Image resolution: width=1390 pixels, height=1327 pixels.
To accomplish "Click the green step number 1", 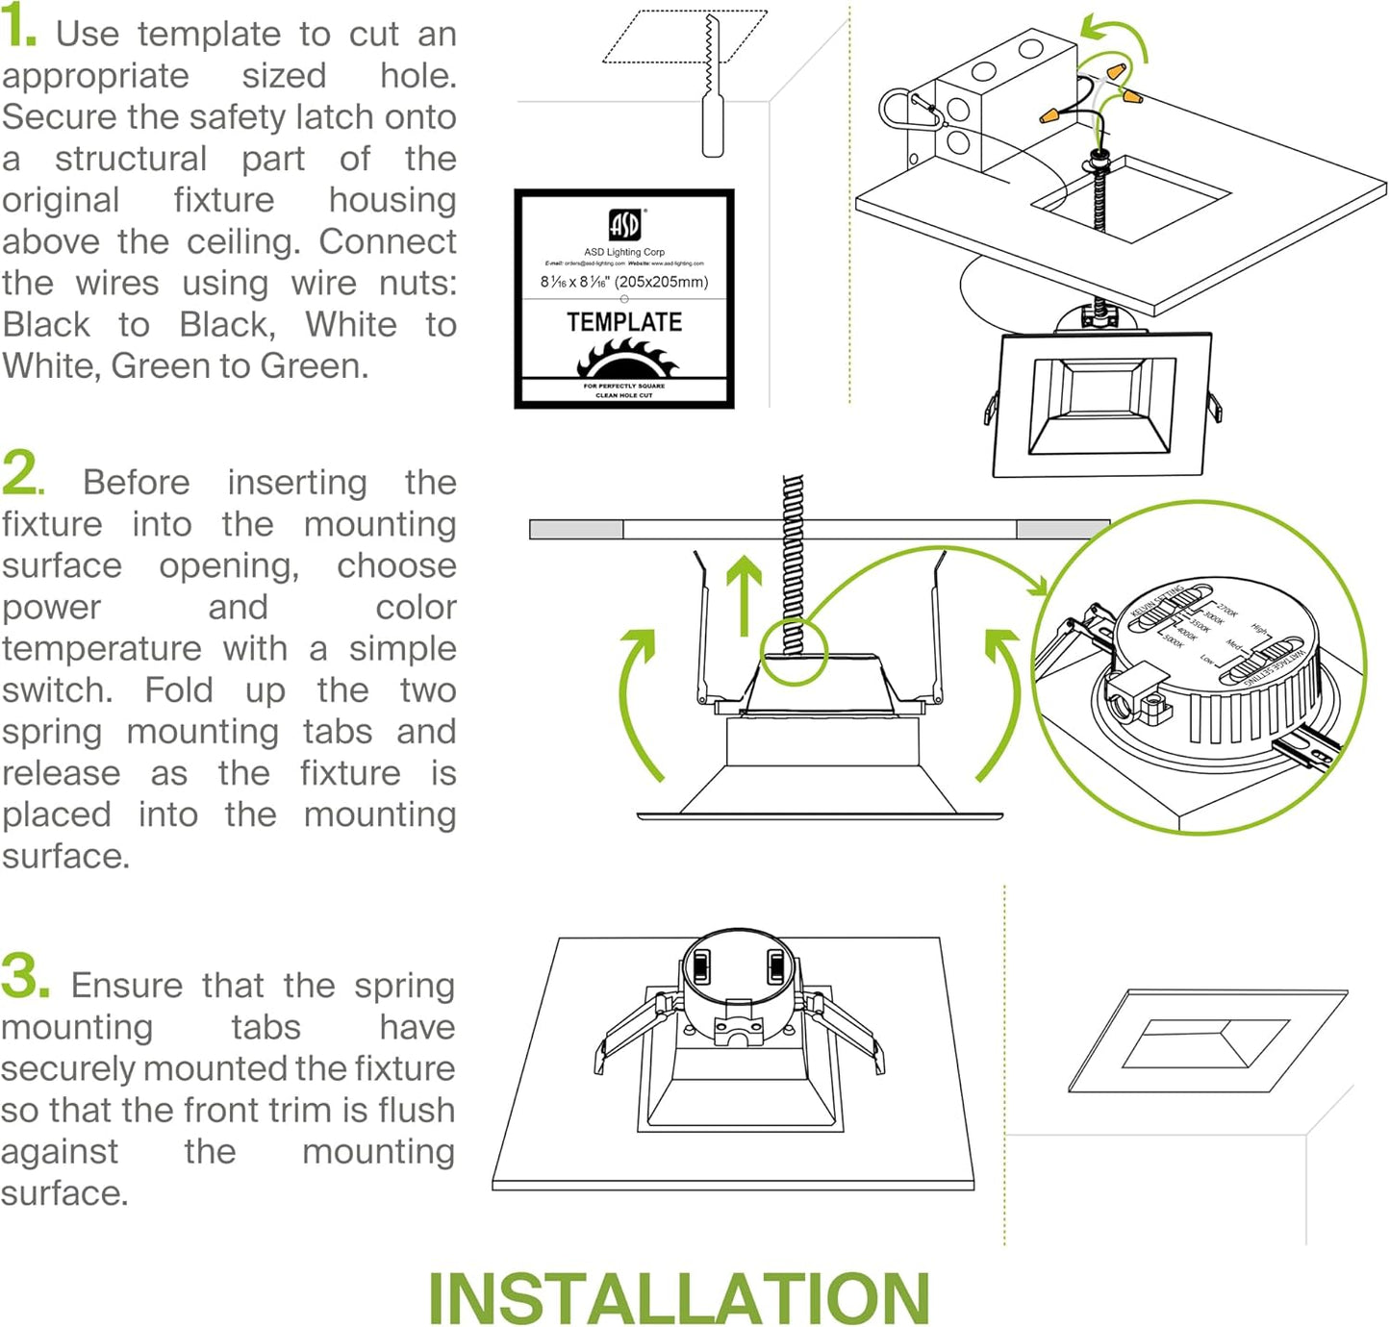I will [x=17, y=29].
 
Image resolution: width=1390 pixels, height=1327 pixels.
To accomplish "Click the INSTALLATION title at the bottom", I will [x=679, y=1298].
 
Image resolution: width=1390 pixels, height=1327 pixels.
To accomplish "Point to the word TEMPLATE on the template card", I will [x=624, y=322].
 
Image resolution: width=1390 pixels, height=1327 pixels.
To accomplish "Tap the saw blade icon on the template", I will [x=626, y=363].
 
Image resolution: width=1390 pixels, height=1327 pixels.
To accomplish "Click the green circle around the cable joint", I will [x=795, y=653].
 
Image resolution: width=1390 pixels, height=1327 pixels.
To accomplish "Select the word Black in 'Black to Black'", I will [x=46, y=325].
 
